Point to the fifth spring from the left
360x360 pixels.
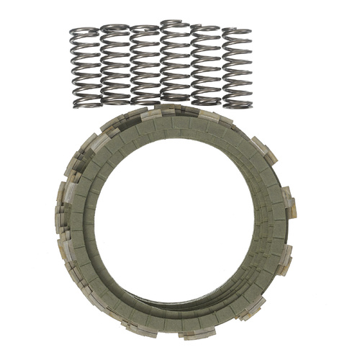pos(206,66)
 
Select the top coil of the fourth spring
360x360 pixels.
pos(175,24)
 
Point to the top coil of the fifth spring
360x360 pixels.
pos(206,29)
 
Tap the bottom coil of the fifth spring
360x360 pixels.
pos(206,102)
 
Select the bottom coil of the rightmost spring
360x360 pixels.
pos(237,104)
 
